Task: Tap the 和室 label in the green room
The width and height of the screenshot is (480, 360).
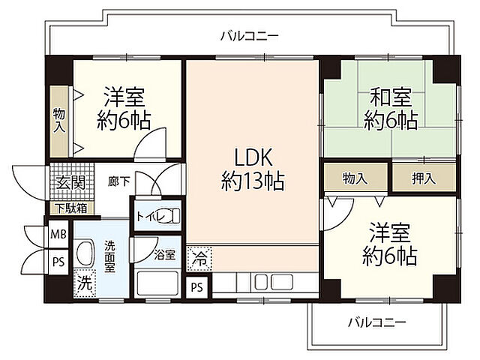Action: coord(390,109)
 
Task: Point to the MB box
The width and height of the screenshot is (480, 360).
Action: coord(58,234)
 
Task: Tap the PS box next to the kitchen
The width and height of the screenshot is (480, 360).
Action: coord(197,286)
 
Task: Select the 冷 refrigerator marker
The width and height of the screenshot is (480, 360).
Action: coord(199,259)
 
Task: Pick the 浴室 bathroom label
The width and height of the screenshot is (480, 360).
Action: coord(164,254)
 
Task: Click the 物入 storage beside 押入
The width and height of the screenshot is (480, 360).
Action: coord(355,178)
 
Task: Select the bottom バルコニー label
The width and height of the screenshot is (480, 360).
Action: coord(376,322)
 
